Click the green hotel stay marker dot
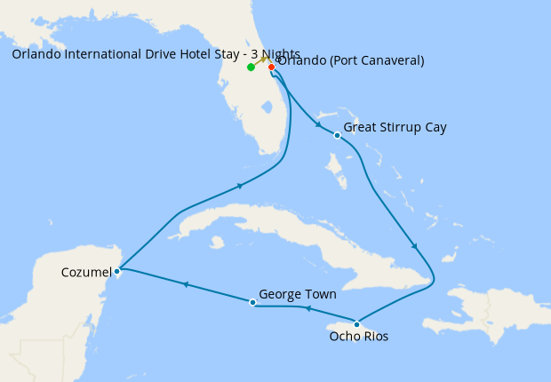[252, 67]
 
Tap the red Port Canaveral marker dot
[271, 67]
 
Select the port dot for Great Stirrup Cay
[337, 135]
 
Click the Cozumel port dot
[117, 271]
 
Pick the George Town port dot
[253, 303]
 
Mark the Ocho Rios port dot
[356, 323]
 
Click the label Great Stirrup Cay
[395, 127]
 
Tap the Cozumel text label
[87, 271]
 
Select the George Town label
[297, 293]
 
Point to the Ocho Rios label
[358, 337]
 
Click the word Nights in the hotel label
[278, 53]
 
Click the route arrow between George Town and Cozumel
[185, 285]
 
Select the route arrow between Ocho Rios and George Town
[307, 309]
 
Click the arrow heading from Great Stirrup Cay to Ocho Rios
[414, 246]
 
